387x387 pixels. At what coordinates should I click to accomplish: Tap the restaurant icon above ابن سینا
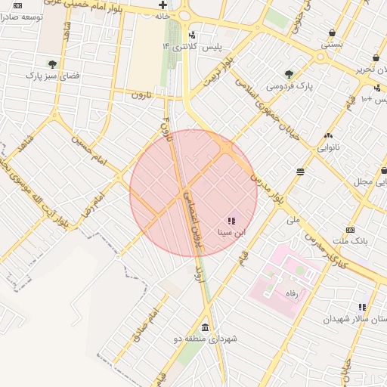tap(231, 221)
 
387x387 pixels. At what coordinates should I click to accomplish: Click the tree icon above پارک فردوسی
tap(289, 73)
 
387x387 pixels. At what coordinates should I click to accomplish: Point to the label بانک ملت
tap(350, 240)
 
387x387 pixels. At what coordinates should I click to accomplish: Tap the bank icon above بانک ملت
tap(349, 229)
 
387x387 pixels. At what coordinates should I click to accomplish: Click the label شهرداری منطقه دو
tap(206, 339)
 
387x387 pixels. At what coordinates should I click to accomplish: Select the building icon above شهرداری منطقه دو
tap(206, 327)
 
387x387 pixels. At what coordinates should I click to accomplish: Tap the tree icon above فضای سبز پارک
tap(51, 64)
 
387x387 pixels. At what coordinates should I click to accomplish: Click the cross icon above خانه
tap(163, 5)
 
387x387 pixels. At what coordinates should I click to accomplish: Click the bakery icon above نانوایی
tap(327, 135)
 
